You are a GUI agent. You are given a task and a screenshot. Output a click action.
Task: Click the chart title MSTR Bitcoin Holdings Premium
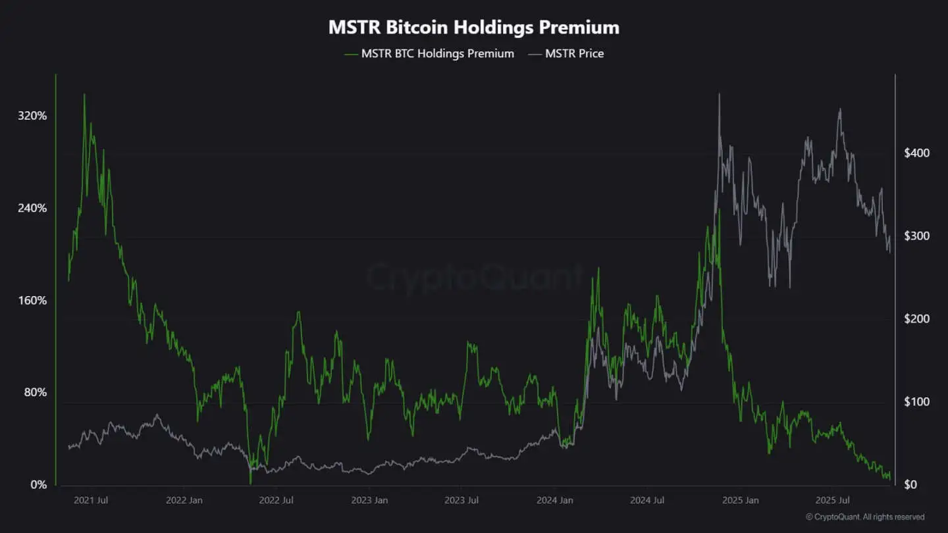[x=473, y=28]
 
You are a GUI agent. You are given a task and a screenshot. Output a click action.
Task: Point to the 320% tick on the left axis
[x=32, y=116]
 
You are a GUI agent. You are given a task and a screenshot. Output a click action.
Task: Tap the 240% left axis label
[x=32, y=208]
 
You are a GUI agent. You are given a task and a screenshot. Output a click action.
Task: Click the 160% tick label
[x=32, y=301]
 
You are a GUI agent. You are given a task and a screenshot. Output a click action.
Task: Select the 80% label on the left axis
[x=35, y=393]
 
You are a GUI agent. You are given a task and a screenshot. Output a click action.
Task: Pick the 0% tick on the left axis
[x=39, y=485]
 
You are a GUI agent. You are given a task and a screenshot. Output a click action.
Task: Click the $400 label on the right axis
[x=916, y=153]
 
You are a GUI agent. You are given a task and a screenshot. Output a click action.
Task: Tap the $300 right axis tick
[x=916, y=236]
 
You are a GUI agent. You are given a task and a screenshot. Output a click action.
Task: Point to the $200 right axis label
[x=916, y=319]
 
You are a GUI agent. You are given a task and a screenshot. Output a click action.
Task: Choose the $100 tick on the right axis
[x=916, y=402]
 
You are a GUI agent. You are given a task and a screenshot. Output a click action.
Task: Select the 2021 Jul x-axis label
[x=91, y=501]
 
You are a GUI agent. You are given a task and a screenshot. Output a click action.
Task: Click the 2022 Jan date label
[x=184, y=501]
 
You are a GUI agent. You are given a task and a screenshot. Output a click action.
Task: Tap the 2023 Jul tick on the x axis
[x=461, y=501]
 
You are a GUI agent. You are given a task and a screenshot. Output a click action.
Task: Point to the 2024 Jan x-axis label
[x=555, y=501]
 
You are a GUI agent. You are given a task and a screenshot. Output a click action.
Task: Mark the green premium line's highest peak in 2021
[x=84, y=94]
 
